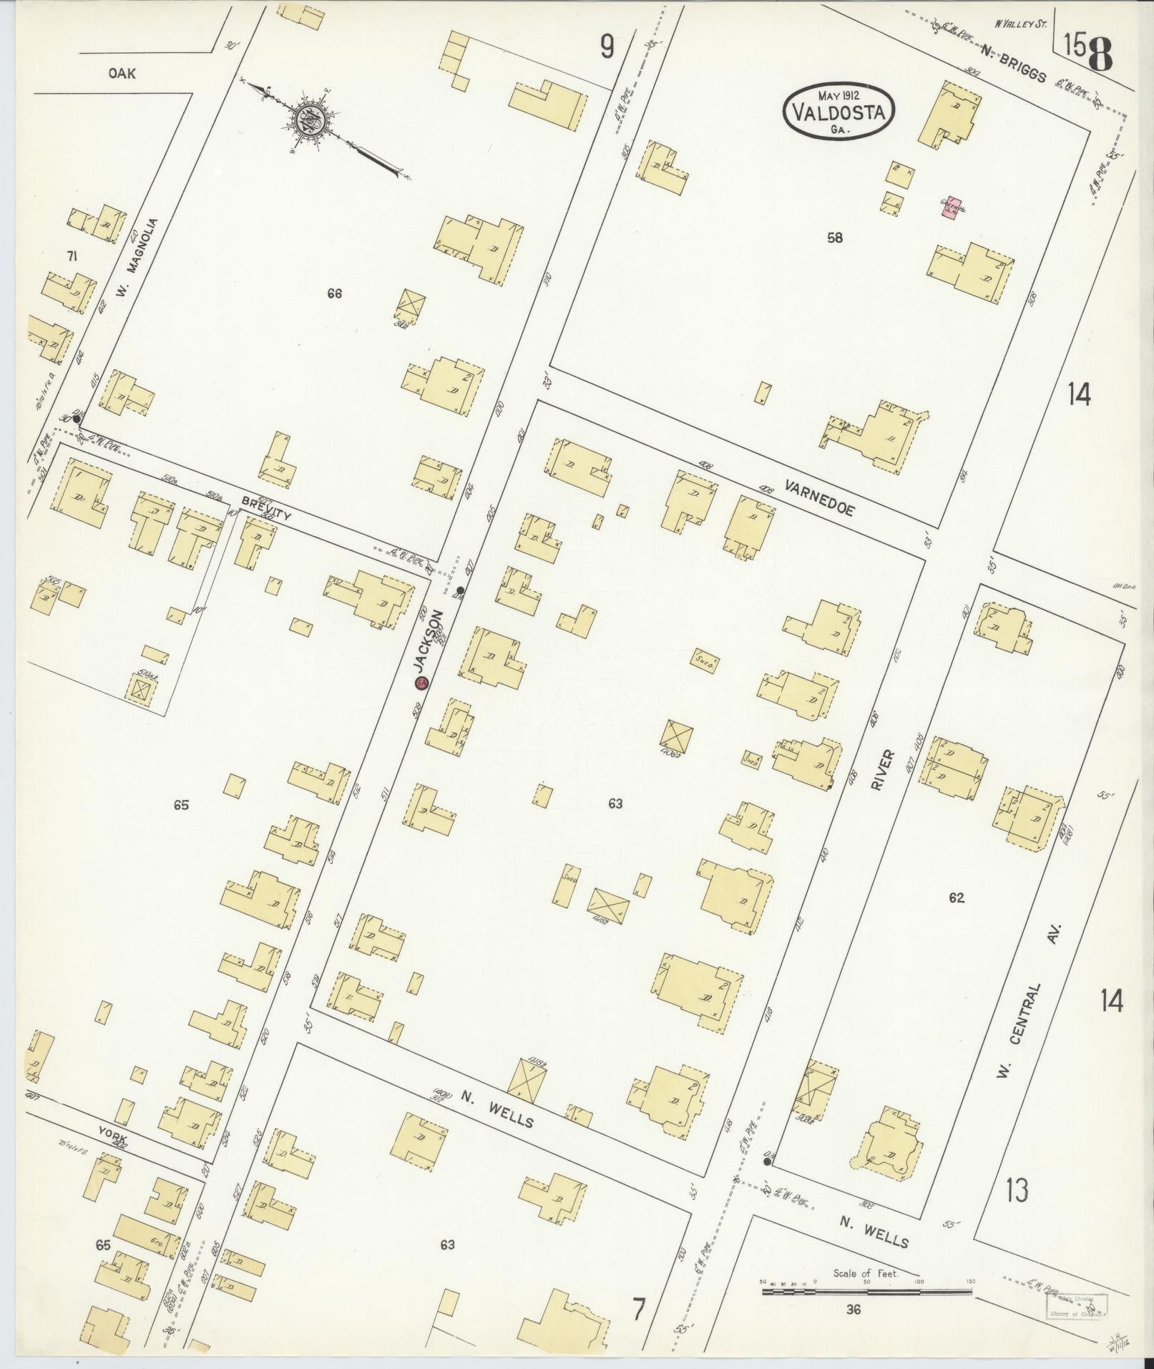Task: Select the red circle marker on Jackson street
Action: click(x=422, y=683)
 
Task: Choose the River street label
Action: click(x=881, y=769)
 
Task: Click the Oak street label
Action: click(x=122, y=73)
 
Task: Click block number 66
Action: click(x=334, y=293)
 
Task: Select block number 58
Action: click(x=834, y=238)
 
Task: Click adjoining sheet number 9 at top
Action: click(x=607, y=48)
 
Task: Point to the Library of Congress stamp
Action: click(x=1077, y=1305)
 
